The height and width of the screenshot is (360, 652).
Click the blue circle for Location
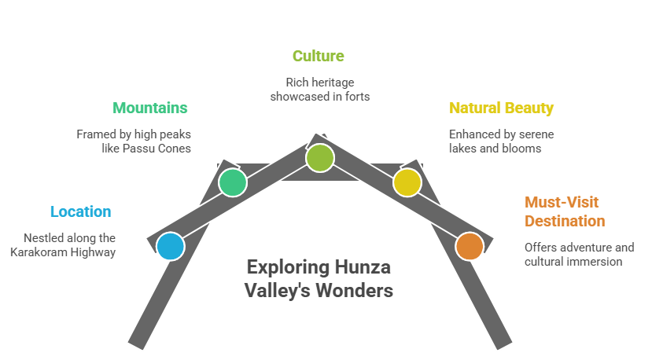170,246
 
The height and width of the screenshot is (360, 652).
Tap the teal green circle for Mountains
233,182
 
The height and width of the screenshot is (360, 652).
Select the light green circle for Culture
319,157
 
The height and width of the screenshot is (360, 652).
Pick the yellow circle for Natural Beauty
407,182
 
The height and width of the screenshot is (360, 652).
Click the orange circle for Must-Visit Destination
470,246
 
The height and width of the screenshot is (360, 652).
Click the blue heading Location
80,211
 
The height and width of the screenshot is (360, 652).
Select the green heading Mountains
150,108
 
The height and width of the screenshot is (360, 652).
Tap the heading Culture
318,56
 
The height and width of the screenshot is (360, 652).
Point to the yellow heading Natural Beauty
501,108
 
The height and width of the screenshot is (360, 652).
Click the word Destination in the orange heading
565,221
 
